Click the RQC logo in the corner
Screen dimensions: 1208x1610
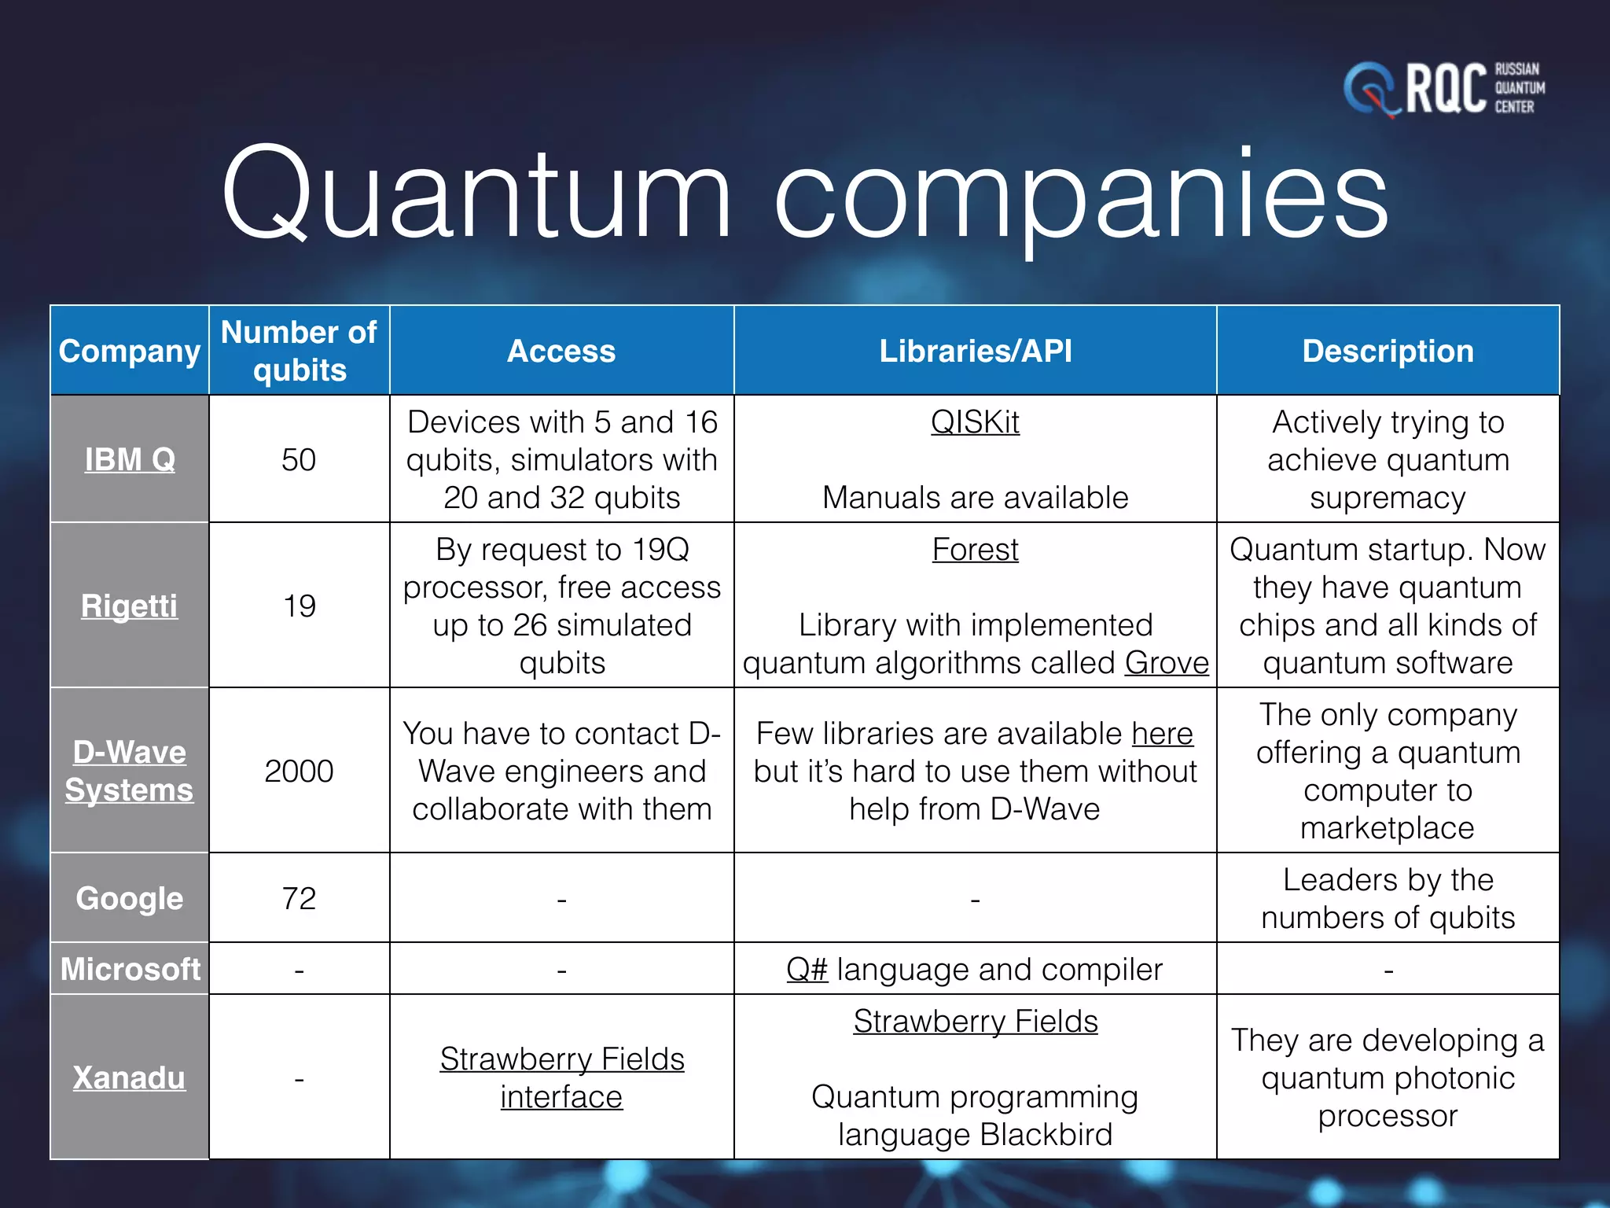[x=1443, y=88]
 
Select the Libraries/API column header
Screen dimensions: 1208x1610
[x=975, y=351]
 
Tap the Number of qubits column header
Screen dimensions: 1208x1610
[x=299, y=351]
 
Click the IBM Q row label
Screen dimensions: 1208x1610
[x=130, y=459]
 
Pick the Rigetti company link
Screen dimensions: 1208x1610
[x=130, y=606]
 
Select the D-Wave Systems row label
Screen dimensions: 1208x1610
[x=130, y=771]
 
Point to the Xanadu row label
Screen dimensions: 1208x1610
[x=130, y=1077]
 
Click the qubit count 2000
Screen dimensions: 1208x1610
[x=299, y=771]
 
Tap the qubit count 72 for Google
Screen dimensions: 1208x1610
[x=299, y=898]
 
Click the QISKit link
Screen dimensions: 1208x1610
[x=975, y=422]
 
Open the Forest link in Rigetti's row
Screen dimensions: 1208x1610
[x=975, y=550]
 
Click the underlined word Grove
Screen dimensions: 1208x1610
[x=1167, y=663]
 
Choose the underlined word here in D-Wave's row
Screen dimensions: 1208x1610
[x=1163, y=734]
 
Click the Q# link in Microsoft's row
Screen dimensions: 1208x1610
[x=807, y=970]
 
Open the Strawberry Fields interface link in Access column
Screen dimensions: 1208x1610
[x=562, y=1077]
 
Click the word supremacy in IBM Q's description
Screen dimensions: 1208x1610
[x=1388, y=499]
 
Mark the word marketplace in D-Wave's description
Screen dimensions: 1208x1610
[x=1388, y=828]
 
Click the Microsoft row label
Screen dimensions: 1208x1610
[x=130, y=969]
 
